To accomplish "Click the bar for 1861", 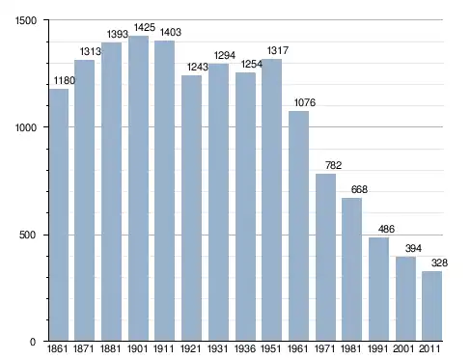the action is tap(59, 214).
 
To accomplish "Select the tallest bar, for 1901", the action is tap(138, 188).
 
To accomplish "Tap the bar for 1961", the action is tap(298, 226).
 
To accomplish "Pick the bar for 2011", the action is tap(431, 306).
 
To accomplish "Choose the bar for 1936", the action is tap(245, 207).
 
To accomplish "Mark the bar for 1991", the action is tap(378, 289).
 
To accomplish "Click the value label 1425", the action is tap(145, 28).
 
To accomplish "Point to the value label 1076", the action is tap(305, 102).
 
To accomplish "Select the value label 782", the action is tap(333, 165).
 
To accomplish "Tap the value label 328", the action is tap(439, 263).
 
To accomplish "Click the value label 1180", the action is tap(65, 80).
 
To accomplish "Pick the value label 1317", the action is tap(278, 50).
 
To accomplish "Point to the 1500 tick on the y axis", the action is tap(26, 20).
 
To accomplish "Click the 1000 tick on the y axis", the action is tap(26, 127).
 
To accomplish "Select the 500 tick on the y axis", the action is tap(27, 235).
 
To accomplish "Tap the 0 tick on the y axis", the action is tap(33, 342).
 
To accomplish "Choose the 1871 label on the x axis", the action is tap(84, 348).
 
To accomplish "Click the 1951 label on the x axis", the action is tap(271, 348).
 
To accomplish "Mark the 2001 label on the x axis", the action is tap(403, 348).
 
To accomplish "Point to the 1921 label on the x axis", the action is tap(191, 348).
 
